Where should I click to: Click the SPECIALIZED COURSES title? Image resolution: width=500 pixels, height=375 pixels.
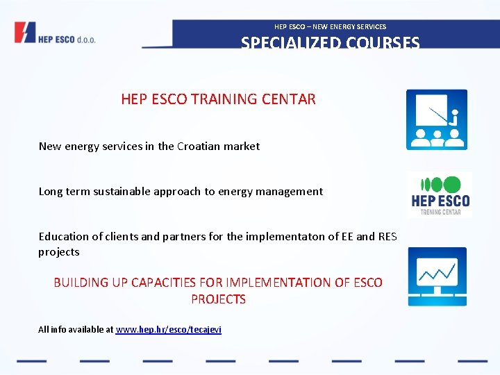click(330, 42)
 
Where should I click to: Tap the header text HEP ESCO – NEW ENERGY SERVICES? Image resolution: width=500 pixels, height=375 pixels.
click(330, 26)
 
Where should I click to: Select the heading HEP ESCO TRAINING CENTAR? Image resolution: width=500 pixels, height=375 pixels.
click(218, 99)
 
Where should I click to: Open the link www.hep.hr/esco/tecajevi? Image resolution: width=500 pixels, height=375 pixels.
click(168, 329)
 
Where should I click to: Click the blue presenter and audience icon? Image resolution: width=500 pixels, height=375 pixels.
click(436, 119)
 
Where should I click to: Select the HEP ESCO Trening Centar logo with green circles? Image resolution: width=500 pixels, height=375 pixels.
click(440, 195)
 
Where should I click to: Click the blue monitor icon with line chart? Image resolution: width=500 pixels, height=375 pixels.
click(437, 276)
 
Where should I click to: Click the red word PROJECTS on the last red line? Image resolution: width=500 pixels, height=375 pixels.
click(218, 299)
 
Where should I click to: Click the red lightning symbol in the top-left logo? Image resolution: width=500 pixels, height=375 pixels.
click(25, 33)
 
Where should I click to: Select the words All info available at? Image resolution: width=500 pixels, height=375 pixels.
click(75, 329)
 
